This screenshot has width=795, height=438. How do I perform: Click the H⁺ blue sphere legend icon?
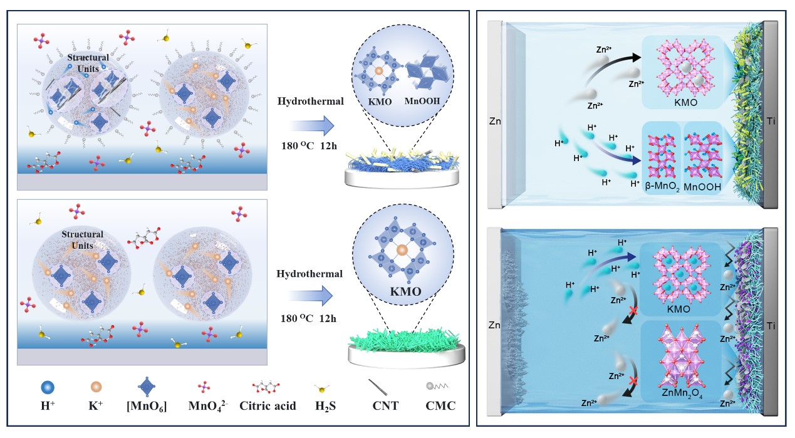[x=46, y=386]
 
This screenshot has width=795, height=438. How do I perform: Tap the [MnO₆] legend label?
[x=146, y=406]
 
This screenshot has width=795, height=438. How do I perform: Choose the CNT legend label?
[x=382, y=406]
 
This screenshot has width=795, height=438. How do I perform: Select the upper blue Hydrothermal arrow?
[x=312, y=128]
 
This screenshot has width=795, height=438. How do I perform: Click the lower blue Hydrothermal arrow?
[x=312, y=295]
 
